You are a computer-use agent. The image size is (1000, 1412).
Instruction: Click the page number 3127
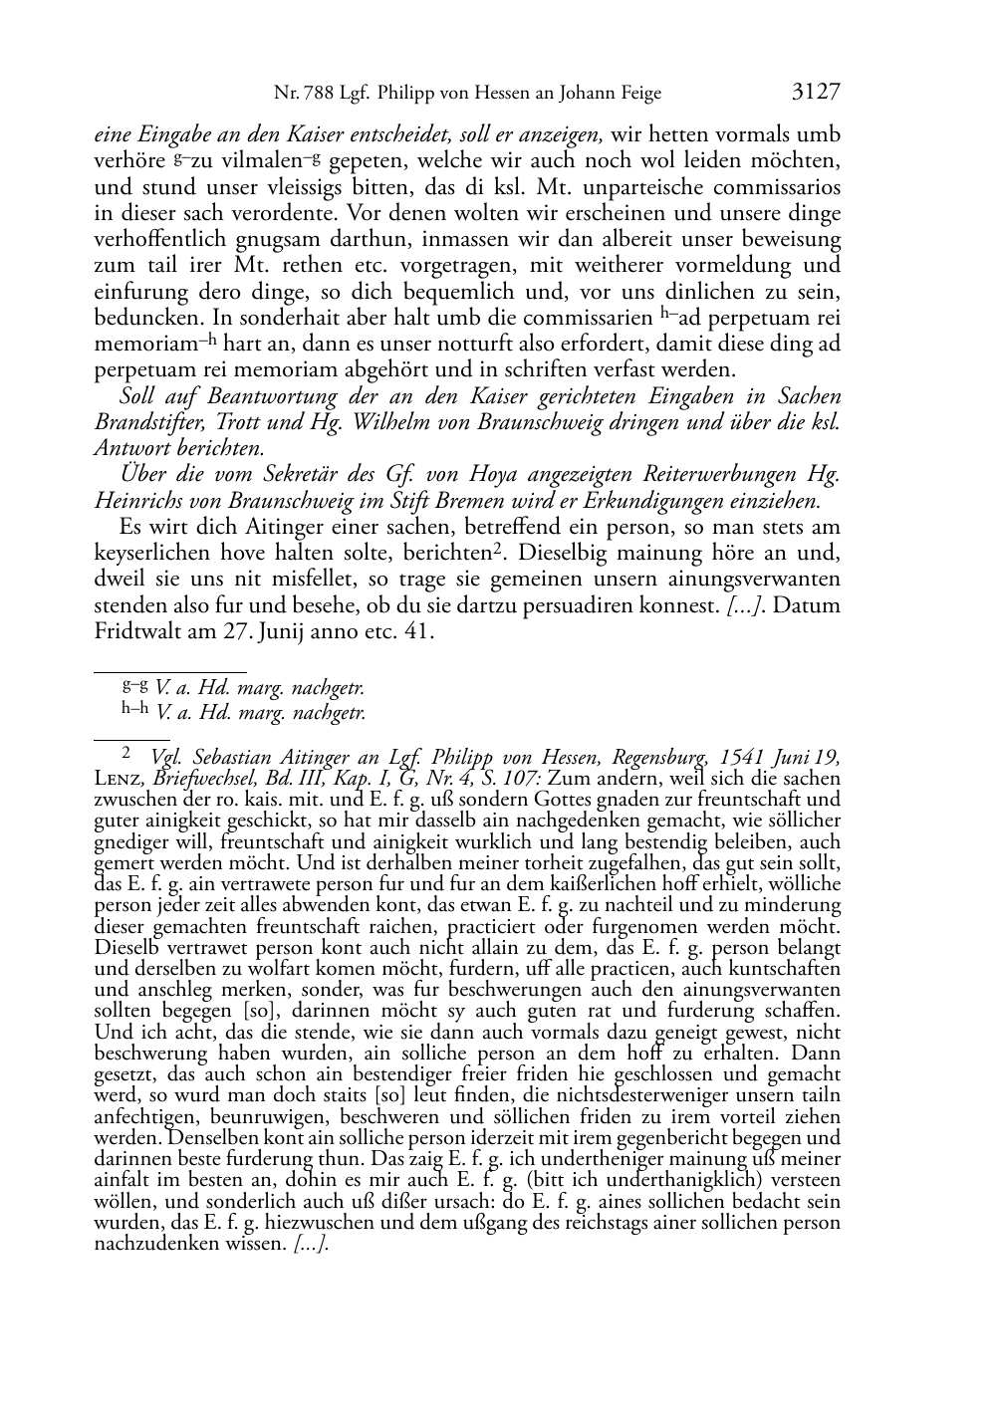point(816,93)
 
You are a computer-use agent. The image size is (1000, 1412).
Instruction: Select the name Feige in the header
point(638,94)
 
